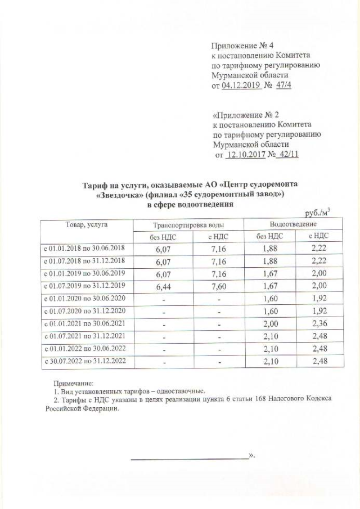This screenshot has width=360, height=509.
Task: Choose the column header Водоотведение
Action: click(292, 224)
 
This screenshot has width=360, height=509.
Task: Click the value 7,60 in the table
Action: click(219, 286)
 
